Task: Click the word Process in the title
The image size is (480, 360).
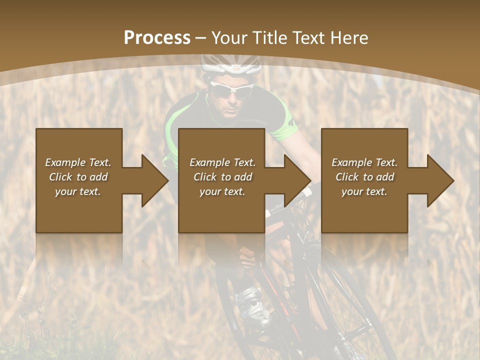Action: pyautogui.click(x=157, y=38)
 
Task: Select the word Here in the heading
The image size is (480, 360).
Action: pyautogui.click(x=349, y=38)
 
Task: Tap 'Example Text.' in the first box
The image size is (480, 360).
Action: pyautogui.click(x=78, y=162)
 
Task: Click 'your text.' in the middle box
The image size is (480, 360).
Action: pyautogui.click(x=222, y=191)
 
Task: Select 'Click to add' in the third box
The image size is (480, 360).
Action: pyautogui.click(x=365, y=177)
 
